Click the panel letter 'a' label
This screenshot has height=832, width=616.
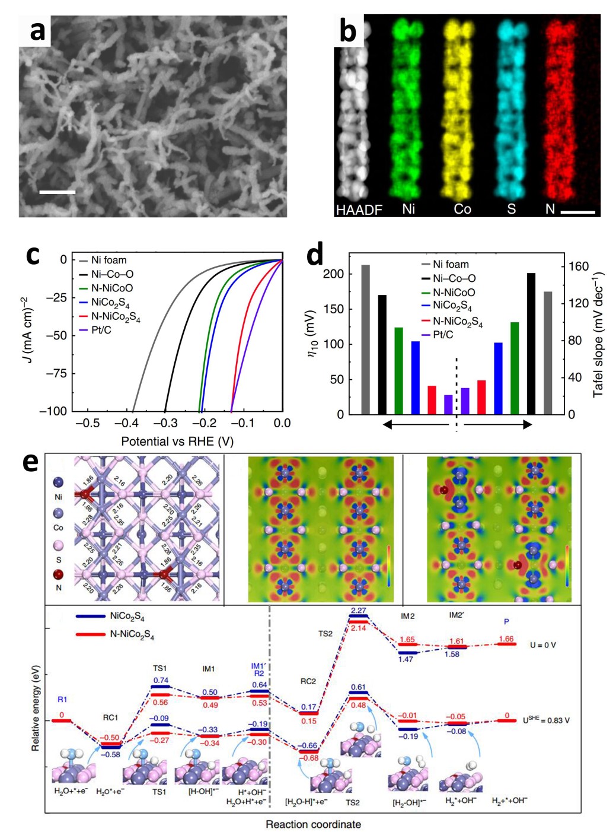coord(37,30)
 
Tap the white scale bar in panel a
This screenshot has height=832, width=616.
coord(58,192)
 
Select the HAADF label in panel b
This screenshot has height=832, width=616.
coord(359,209)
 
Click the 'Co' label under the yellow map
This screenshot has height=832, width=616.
coord(462,209)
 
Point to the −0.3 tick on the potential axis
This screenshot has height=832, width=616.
coord(165,423)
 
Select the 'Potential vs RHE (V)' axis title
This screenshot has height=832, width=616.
coord(177,442)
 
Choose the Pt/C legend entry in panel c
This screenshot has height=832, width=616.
coord(101,330)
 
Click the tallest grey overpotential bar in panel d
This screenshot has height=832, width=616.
coord(365,339)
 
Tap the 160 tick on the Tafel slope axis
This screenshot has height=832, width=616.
coord(578,266)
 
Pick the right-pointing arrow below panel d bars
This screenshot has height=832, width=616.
coord(498,424)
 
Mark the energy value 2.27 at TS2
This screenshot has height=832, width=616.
coord(358,611)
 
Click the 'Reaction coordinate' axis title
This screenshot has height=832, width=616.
coord(312,824)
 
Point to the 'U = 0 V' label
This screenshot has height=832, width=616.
coord(543,645)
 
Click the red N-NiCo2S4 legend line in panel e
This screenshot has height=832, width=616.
coord(90,634)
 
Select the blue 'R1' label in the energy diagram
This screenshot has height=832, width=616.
coord(62,700)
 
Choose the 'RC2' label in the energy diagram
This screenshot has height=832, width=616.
coord(308,681)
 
